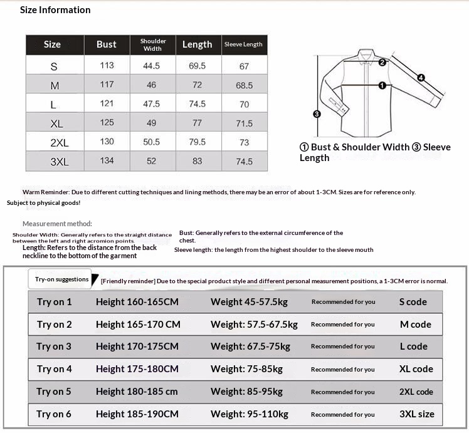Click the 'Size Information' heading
click(55, 10)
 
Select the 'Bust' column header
click(107, 44)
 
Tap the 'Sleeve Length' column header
click(243, 44)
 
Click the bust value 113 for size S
click(107, 65)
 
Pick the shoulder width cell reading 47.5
click(152, 104)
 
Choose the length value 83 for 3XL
click(198, 161)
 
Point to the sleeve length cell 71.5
click(245, 123)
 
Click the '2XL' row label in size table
click(60, 143)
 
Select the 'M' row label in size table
click(55, 85)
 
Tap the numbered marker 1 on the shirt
click(382, 85)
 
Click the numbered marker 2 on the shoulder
click(382, 61)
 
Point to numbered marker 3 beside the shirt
click(317, 114)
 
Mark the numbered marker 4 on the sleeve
click(421, 78)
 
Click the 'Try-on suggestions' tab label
click(61, 279)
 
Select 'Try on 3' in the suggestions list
click(54, 347)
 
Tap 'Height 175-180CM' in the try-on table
click(137, 369)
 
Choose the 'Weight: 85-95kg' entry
click(247, 392)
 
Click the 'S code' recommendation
click(413, 302)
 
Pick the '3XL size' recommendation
click(416, 414)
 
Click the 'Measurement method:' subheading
click(57, 224)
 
